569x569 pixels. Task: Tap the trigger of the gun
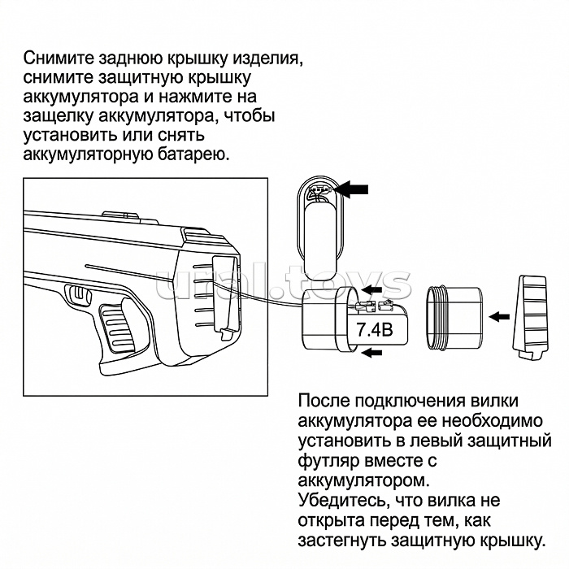(79, 294)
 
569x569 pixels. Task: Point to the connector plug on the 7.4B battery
(374, 306)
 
